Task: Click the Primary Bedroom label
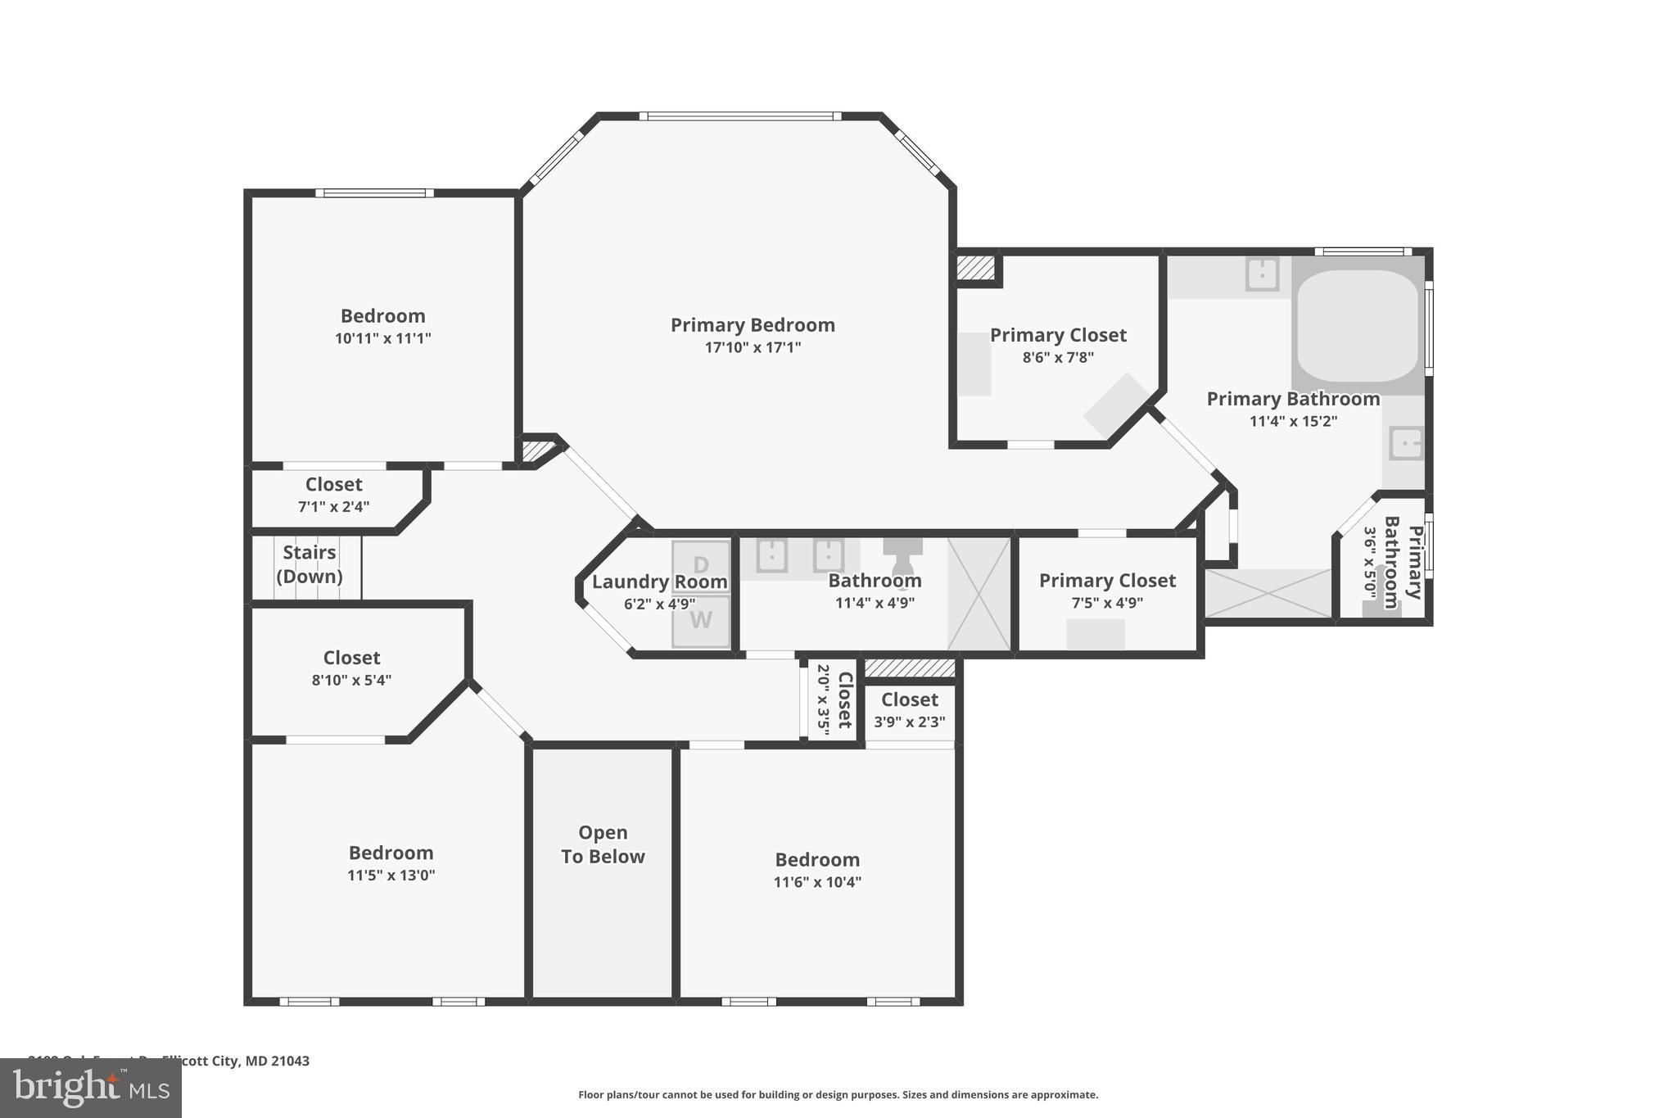[753, 325]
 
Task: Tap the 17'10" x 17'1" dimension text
[753, 347]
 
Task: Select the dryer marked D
[701, 565]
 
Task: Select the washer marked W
[701, 621]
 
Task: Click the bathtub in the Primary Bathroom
[1358, 325]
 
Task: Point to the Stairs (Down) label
[310, 564]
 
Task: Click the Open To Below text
[603, 844]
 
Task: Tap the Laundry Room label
[659, 582]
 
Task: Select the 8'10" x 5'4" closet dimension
[351, 680]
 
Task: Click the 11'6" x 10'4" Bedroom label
[817, 860]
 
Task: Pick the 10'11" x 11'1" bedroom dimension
[382, 338]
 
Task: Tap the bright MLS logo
[91, 1088]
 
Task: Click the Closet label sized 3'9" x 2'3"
[909, 700]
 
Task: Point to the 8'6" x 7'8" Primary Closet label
[1058, 335]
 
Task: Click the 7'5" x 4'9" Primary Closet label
[1107, 581]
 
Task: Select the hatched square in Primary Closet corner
[975, 268]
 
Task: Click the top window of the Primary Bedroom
[739, 116]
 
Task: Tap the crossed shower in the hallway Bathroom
[979, 594]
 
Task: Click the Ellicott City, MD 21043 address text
[236, 1061]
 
